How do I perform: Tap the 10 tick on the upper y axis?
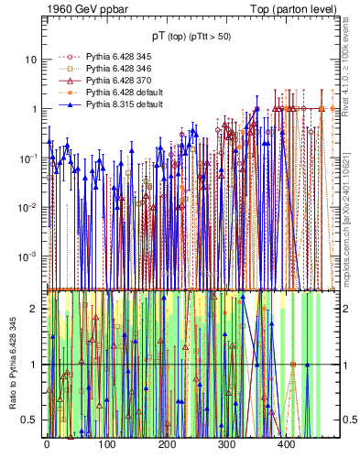tap(30, 60)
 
